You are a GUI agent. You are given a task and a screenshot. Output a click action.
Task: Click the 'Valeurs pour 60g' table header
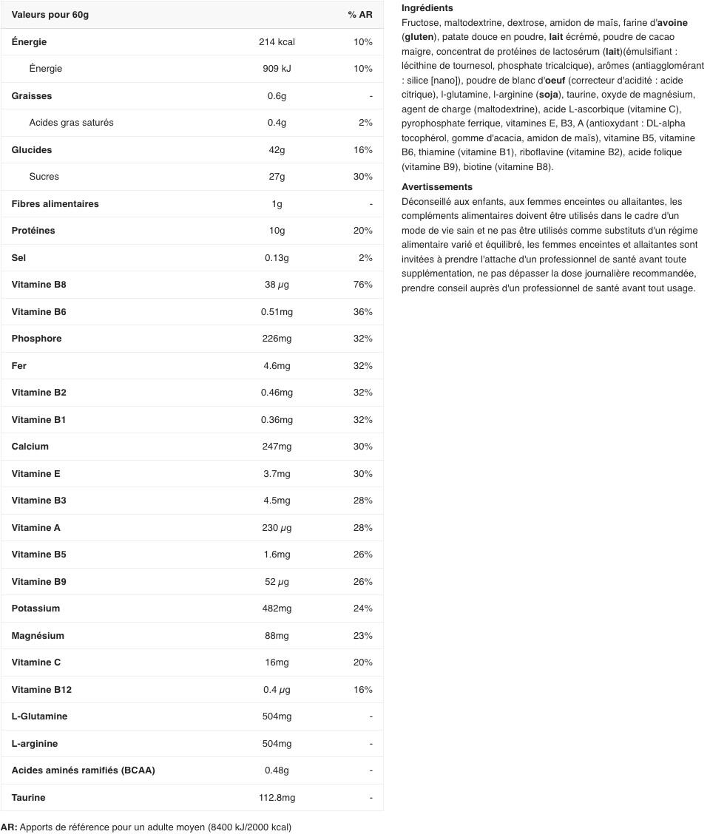(x=50, y=15)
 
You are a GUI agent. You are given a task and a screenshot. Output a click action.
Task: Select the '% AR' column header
(x=360, y=15)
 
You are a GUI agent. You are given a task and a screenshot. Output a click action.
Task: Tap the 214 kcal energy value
(x=277, y=42)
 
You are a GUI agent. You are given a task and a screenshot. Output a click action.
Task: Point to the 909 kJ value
(x=277, y=69)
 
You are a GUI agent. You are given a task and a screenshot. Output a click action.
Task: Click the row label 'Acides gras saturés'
(x=71, y=123)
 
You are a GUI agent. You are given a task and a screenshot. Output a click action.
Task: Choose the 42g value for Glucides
(x=277, y=150)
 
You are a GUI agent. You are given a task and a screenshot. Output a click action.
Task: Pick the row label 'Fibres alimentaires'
(x=55, y=204)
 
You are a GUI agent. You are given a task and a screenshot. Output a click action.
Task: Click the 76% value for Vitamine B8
(x=362, y=285)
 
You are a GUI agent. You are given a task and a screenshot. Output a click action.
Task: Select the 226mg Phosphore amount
(x=277, y=339)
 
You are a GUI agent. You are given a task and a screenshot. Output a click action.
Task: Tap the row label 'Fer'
(x=19, y=366)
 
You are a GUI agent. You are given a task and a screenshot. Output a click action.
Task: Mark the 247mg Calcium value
(x=277, y=447)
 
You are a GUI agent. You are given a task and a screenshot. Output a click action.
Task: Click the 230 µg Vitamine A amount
(x=277, y=528)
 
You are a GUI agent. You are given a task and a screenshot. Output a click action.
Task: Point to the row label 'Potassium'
(x=35, y=609)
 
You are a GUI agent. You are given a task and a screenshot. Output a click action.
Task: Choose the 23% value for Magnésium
(x=362, y=636)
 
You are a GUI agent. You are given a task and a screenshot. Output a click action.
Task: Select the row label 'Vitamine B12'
(x=41, y=690)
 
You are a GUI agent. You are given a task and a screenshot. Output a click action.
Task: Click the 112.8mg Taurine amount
(x=277, y=798)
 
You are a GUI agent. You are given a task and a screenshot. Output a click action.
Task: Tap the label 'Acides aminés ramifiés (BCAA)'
(x=83, y=770)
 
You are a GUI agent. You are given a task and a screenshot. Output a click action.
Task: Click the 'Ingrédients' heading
(x=427, y=8)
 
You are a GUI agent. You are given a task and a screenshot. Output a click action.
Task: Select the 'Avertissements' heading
(x=436, y=187)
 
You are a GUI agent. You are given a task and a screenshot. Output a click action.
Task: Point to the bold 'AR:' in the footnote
(x=9, y=827)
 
